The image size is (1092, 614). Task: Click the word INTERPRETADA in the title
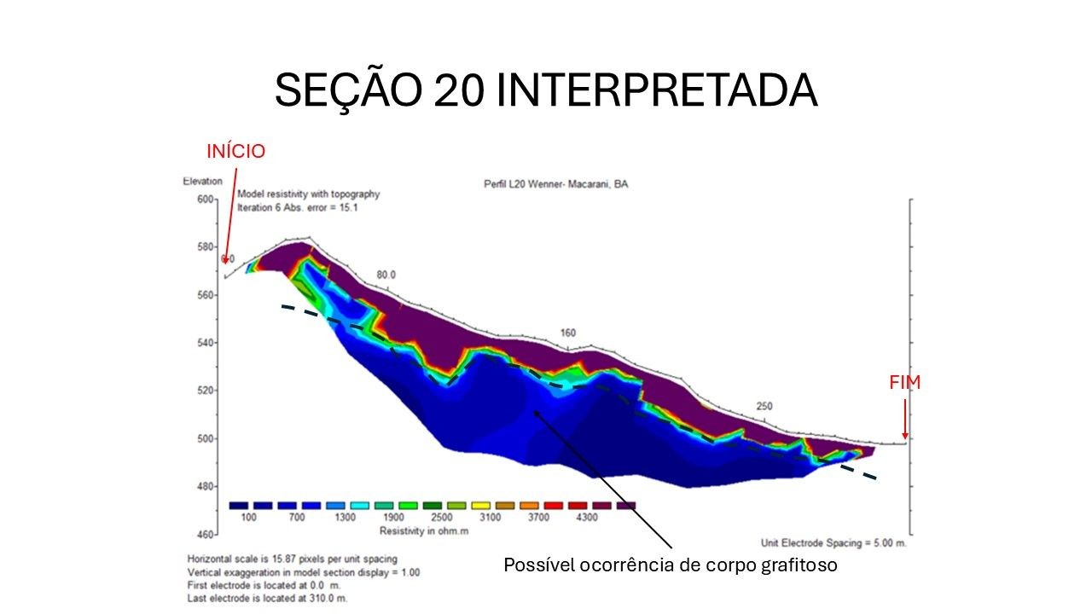[657, 90]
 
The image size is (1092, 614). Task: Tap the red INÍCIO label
[236, 151]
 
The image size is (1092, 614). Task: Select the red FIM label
[905, 383]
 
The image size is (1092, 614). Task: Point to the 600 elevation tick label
[206, 200]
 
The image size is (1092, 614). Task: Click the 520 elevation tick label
[206, 391]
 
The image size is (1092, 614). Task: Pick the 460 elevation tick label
[206, 535]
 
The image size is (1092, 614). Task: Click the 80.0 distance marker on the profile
[386, 275]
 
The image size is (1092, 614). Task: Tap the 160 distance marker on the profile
[568, 333]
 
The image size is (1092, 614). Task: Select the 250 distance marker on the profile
[764, 406]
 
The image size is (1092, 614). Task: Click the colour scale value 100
[248, 517]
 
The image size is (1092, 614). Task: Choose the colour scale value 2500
[442, 517]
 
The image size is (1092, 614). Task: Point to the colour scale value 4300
[587, 517]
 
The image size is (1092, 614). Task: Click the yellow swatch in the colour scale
[480, 506]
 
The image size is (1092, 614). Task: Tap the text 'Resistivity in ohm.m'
[424, 531]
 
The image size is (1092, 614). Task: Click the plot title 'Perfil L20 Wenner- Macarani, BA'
[555, 184]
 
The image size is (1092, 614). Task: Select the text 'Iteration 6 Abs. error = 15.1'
[298, 207]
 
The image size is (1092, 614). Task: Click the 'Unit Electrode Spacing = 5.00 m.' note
[834, 543]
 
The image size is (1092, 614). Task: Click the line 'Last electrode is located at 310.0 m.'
[267, 599]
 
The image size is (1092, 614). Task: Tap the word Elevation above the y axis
[203, 182]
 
